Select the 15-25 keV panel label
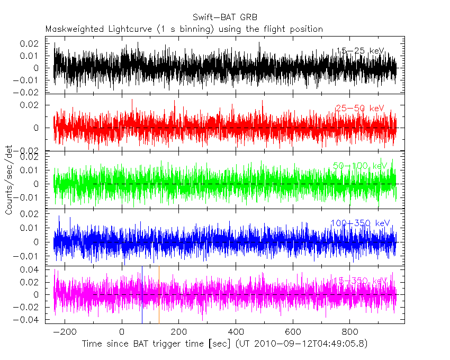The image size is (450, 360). [360, 51]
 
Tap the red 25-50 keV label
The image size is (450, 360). [359, 109]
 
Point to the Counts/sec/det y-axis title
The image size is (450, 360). [9, 180]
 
